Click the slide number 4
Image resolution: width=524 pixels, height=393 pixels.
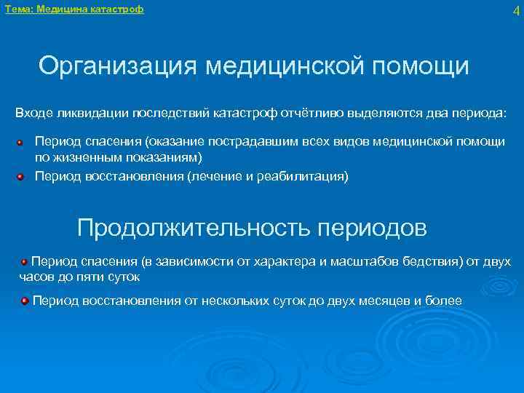pyautogui.click(x=515, y=11)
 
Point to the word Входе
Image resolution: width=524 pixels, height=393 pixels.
pyautogui.click(x=33, y=114)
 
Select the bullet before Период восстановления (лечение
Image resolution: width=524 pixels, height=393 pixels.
pyautogui.click(x=22, y=176)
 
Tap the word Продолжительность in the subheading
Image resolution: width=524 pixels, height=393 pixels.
pyautogui.click(x=194, y=229)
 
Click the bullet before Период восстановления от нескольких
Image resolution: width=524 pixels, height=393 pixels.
pyautogui.click(x=25, y=300)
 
